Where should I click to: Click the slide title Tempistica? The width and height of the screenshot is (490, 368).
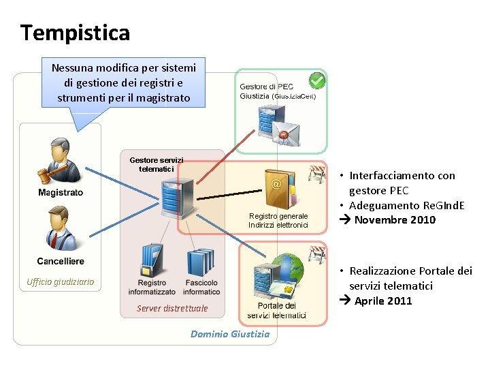tap(75, 32)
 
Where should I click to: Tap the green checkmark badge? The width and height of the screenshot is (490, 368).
tap(316, 81)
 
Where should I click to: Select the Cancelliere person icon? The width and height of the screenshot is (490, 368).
tap(59, 229)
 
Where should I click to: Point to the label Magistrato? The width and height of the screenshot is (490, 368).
tap(61, 193)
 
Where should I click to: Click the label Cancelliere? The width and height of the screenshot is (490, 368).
tap(61, 261)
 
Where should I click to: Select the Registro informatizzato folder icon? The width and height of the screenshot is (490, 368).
tap(151, 262)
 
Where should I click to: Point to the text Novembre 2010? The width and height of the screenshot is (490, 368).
tap(395, 220)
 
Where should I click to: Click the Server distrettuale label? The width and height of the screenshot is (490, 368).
tap(172, 309)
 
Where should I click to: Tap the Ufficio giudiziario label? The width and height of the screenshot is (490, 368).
tap(61, 282)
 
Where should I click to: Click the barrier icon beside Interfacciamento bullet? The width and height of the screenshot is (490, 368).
tap(318, 174)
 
